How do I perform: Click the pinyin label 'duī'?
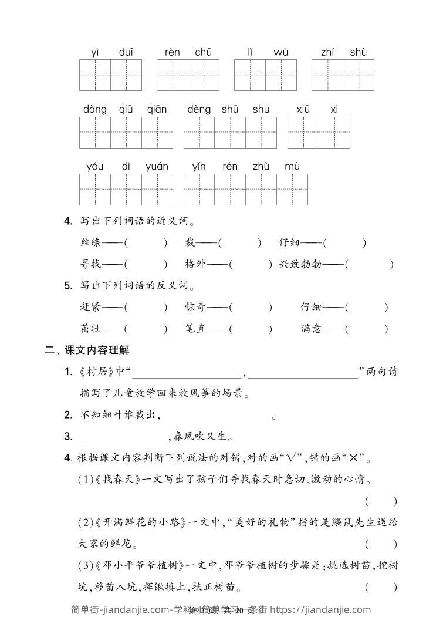click(126, 52)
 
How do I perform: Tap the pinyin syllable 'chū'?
click(203, 52)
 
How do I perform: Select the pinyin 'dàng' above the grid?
click(95, 109)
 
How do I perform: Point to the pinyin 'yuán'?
click(157, 166)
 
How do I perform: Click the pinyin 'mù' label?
click(292, 166)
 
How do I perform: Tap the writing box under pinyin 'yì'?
click(95, 75)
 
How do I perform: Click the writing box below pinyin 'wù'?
click(280, 75)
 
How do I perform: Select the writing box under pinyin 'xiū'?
click(303, 132)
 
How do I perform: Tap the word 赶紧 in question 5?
click(90, 307)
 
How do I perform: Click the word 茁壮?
click(90, 329)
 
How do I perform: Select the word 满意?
click(311, 329)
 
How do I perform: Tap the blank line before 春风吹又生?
click(123, 437)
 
